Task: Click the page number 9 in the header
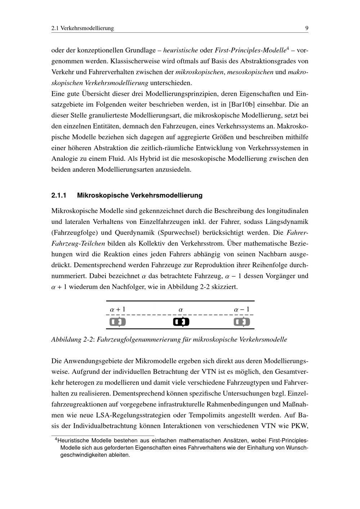pyautogui.click(x=306, y=28)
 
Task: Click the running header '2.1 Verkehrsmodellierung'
pyautogui.click(x=82, y=28)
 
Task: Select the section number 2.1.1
pyautogui.click(x=59, y=195)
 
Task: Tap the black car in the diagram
pyautogui.click(x=181, y=321)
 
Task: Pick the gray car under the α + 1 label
pyautogui.click(x=118, y=321)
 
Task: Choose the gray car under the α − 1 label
pyautogui.click(x=242, y=321)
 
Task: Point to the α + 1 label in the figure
pyautogui.click(x=118, y=309)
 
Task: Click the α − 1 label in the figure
pyautogui.click(x=242, y=309)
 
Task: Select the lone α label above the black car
pyautogui.click(x=181, y=310)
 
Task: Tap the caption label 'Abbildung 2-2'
pyautogui.click(x=72, y=339)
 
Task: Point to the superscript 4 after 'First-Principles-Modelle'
pyautogui.click(x=288, y=48)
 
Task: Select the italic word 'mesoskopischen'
pyautogui.click(x=250, y=72)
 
